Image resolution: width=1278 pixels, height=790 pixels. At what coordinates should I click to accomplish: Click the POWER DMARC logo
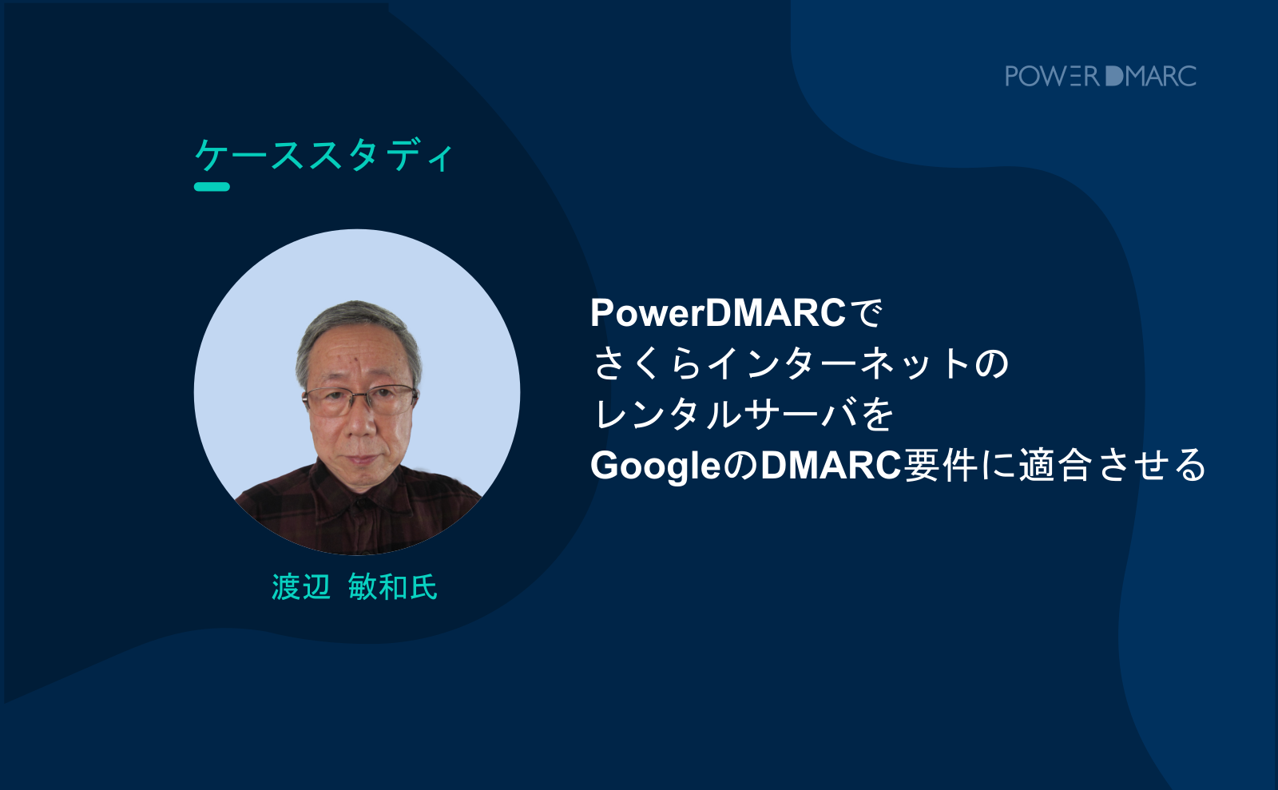1101,76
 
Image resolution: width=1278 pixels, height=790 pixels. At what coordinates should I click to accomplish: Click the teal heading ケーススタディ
324,155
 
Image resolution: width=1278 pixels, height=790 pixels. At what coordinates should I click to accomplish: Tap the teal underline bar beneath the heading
212,187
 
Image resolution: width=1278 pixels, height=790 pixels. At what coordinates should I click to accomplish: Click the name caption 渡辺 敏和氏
355,587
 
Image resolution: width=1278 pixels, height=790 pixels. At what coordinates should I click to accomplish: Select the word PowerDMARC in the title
718,313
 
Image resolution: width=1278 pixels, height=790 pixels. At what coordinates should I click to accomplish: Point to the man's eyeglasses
360,399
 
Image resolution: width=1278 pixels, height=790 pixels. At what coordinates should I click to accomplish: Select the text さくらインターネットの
802,364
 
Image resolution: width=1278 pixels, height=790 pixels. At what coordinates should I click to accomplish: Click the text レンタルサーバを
744,415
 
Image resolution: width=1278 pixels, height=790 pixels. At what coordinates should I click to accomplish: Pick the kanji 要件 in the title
939,466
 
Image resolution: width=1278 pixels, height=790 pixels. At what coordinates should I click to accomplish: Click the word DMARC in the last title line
831,466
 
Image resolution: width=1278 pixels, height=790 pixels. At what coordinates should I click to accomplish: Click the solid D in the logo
1114,76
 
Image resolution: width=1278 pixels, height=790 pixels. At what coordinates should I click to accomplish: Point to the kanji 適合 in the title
1054,466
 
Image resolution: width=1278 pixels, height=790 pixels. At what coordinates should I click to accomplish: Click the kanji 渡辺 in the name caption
300,587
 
